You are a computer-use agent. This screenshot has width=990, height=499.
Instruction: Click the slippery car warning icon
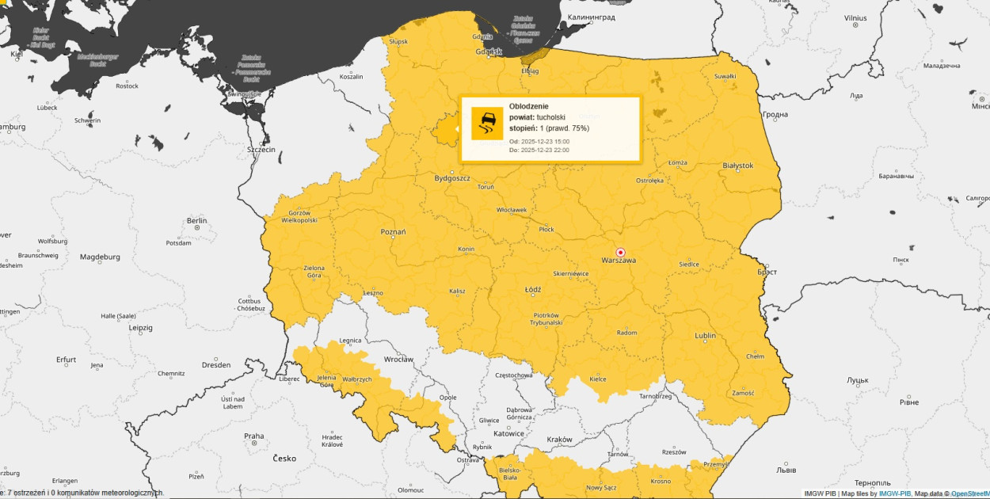pyautogui.click(x=487, y=124)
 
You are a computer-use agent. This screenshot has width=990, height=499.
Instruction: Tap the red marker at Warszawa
pyautogui.click(x=620, y=252)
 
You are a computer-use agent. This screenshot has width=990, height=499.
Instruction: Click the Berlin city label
pyautogui.click(x=197, y=220)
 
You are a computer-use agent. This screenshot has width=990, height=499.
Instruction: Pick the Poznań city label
pyautogui.click(x=393, y=232)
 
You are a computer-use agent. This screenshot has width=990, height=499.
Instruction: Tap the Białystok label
pyautogui.click(x=738, y=166)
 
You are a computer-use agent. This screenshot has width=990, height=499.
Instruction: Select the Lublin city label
pyautogui.click(x=705, y=336)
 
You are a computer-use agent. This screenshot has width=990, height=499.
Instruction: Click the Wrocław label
pyautogui.click(x=398, y=359)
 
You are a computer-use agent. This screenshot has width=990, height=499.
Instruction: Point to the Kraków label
pyautogui.click(x=559, y=439)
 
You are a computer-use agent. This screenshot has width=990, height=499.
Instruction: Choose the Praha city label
pyautogui.click(x=253, y=436)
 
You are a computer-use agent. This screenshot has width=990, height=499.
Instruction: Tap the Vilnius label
pyautogui.click(x=855, y=17)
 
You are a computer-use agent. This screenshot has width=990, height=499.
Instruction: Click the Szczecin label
pyautogui.click(x=261, y=149)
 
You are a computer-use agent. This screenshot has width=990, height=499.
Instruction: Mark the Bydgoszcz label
pyautogui.click(x=452, y=178)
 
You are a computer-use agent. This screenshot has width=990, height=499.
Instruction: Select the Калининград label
pyautogui.click(x=592, y=16)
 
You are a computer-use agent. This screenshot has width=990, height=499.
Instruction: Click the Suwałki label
pyautogui.click(x=725, y=76)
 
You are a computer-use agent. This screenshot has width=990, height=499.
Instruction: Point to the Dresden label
pyautogui.click(x=216, y=365)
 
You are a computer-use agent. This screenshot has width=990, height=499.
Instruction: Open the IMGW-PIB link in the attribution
pyautogui.click(x=895, y=493)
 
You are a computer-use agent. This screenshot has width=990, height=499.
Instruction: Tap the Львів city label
pyautogui.click(x=786, y=470)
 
